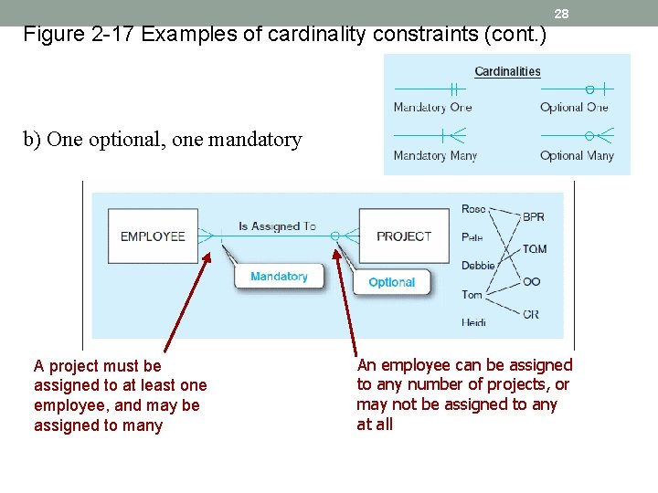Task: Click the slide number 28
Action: tap(561, 14)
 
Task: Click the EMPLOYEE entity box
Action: tap(153, 236)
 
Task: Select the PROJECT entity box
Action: tap(403, 236)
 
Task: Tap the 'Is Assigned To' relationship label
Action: tap(277, 226)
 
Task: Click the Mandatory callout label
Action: tap(279, 277)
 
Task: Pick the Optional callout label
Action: tap(391, 282)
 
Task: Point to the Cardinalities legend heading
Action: tap(507, 71)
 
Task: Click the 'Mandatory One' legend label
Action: tap(432, 108)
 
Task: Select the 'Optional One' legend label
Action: tap(574, 108)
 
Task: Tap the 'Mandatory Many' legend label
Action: tap(435, 155)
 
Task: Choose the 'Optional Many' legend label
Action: tap(577, 155)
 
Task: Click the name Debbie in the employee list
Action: tap(478, 266)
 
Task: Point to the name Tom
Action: tap(472, 294)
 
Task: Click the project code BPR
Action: tap(533, 217)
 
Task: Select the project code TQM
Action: tap(535, 249)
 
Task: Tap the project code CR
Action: tap(531, 314)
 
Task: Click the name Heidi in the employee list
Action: tap(473, 321)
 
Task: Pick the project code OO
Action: tap(531, 282)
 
